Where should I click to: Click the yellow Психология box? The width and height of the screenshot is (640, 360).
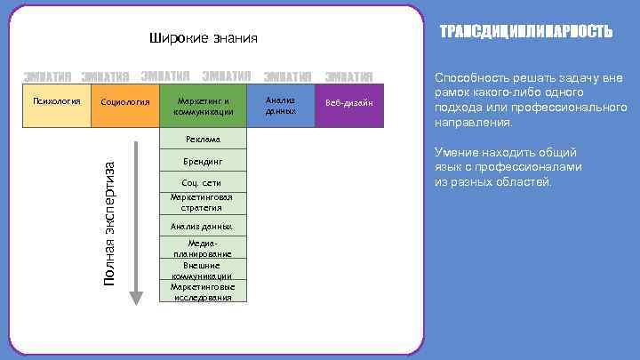pyautogui.click(x=56, y=106)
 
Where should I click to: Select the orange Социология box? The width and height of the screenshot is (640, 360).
pyautogui.click(x=124, y=106)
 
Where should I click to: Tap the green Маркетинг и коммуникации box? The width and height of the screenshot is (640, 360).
pyautogui.click(x=203, y=106)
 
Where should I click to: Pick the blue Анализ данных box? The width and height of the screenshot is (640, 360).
pyautogui.click(x=281, y=106)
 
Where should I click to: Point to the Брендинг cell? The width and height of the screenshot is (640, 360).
pyautogui.click(x=203, y=162)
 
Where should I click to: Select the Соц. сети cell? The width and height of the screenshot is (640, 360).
pyautogui.click(x=203, y=183)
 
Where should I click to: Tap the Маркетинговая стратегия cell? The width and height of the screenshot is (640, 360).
pyautogui.click(x=203, y=203)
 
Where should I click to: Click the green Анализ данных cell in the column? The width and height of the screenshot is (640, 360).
pyautogui.click(x=203, y=227)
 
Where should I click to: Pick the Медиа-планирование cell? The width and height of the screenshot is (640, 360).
pyautogui.click(x=203, y=248)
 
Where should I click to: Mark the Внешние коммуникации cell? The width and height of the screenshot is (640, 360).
pyautogui.click(x=203, y=270)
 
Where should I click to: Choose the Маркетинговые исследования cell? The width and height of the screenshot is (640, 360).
pyautogui.click(x=203, y=292)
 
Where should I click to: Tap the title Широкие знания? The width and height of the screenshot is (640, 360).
pyautogui.click(x=202, y=38)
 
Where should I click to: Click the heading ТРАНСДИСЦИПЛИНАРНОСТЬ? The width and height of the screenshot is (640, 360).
pyautogui.click(x=526, y=32)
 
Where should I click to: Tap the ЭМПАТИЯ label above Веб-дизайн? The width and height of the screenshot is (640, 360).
pyautogui.click(x=348, y=76)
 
